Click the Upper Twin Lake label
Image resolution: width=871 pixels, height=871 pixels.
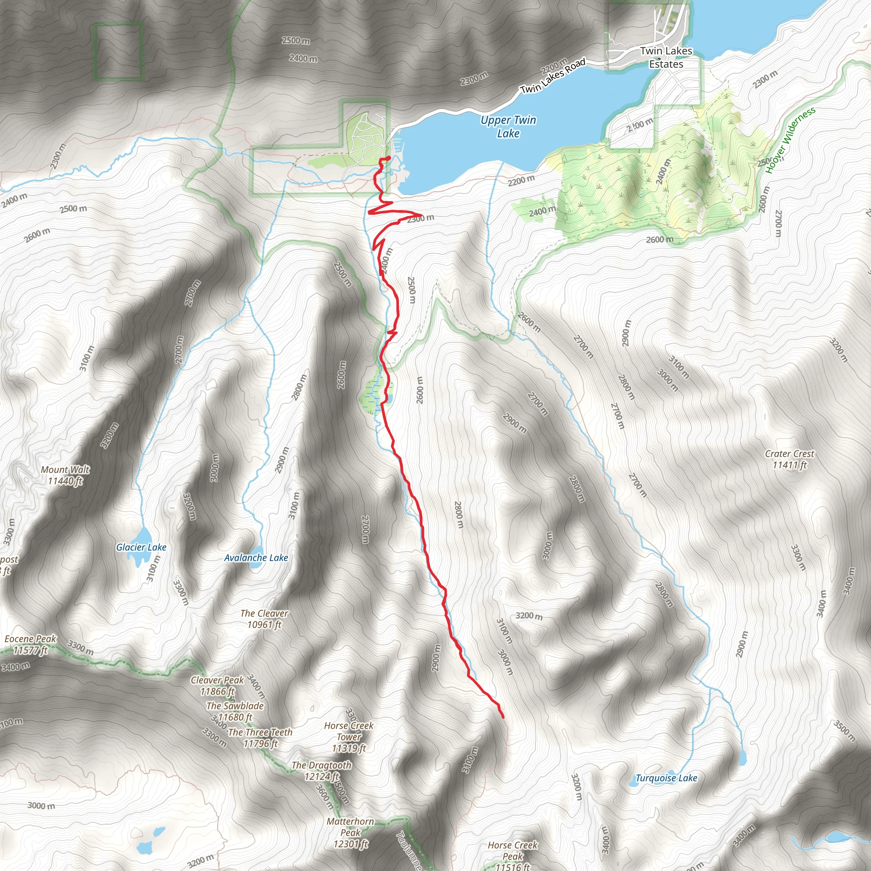click(508, 127)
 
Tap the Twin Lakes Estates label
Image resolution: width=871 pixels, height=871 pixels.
click(666, 58)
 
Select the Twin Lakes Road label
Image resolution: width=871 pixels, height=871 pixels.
click(553, 76)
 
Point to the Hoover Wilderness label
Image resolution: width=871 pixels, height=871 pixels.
click(790, 140)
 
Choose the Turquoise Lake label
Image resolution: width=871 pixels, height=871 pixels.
click(666, 778)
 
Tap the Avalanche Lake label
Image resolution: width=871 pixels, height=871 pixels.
click(256, 558)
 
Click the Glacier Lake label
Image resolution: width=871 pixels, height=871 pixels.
click(141, 547)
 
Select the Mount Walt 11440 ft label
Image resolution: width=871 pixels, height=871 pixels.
click(65, 475)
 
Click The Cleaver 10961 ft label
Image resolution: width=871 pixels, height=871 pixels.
click(264, 618)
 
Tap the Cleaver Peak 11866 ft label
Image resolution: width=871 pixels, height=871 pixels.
click(217, 685)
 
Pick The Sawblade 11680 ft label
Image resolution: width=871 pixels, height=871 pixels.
click(235, 711)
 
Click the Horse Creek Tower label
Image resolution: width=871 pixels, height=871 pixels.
click(349, 737)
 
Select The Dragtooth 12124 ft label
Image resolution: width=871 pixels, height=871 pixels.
click(322, 771)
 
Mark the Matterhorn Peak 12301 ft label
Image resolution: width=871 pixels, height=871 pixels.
click(350, 833)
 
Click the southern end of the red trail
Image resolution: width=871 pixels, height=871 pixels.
click(503, 716)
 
